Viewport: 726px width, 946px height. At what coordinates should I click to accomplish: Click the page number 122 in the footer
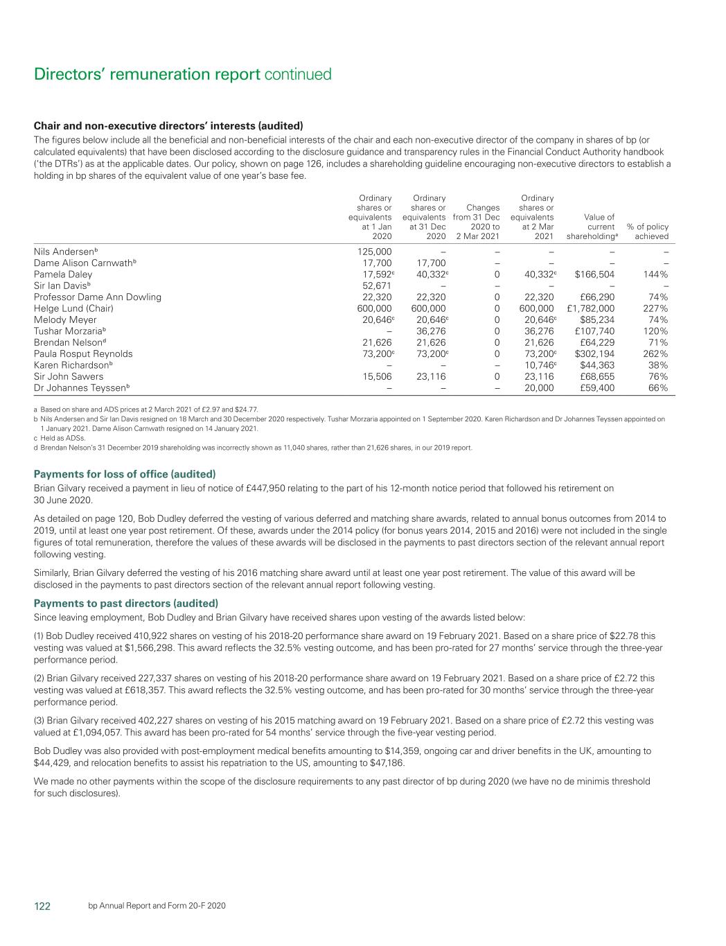42,906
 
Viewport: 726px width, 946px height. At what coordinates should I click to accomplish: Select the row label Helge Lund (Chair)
73,308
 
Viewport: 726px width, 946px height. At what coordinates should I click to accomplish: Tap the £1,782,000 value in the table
590,308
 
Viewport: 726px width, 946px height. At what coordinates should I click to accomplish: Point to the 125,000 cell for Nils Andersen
374,252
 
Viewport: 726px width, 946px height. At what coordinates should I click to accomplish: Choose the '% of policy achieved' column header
648,231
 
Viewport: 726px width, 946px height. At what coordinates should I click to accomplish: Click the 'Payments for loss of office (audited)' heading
125,474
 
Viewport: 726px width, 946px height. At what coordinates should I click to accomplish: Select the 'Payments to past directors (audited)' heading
126,603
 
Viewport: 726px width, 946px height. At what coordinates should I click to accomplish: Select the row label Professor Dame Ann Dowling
98,297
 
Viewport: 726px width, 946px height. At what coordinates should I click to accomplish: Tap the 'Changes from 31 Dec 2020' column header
477,222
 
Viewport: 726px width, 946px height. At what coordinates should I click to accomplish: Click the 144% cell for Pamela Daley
655,274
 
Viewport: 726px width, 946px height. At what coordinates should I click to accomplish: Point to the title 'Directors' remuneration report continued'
183,74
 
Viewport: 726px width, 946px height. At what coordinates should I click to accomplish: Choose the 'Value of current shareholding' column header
590,227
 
